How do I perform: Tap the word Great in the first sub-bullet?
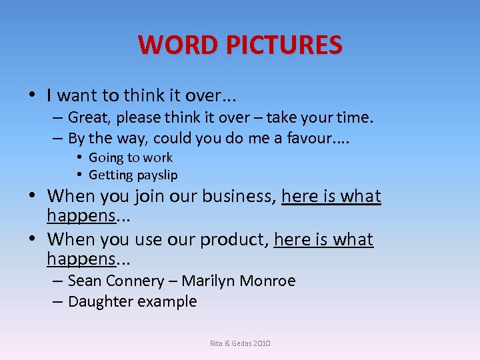90,118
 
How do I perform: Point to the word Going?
105,158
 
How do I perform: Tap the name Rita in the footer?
216,343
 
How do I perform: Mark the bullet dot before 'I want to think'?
33,95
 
